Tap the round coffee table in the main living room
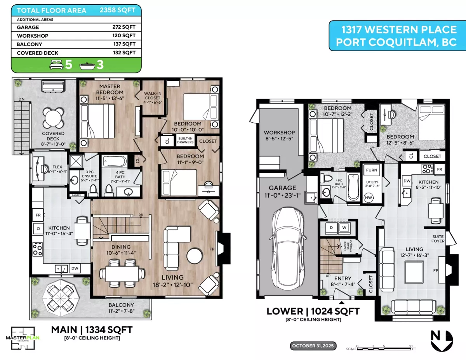[194, 256]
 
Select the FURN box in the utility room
[371, 170]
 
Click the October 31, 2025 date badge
[314, 346]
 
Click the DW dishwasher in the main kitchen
[76, 268]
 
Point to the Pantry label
[75, 195]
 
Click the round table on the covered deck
[53, 117]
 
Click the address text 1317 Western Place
[397, 30]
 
